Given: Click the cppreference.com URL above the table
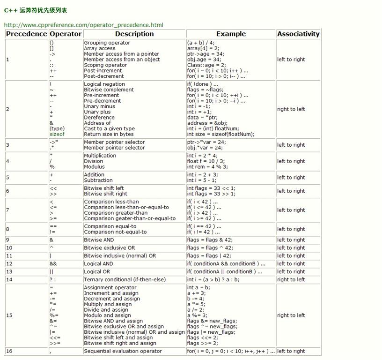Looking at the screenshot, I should [x=84, y=25].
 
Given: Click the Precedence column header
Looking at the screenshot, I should [x=27, y=34].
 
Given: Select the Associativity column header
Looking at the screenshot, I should [x=298, y=34].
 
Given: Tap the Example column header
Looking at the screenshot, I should [x=231, y=34].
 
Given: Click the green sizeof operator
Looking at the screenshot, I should [x=57, y=134].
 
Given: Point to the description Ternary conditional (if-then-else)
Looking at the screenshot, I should [x=125, y=279].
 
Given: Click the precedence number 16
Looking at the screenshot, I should [x=9, y=351].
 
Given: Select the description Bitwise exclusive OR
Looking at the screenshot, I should [x=109, y=247].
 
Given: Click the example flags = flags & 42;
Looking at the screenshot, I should [x=209, y=240].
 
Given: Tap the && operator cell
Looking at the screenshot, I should [x=53, y=263].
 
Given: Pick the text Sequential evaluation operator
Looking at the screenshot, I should [x=123, y=351].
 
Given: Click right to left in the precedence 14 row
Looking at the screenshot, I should [x=291, y=279].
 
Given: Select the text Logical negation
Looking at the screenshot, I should [x=104, y=84].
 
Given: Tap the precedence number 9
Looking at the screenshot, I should [x=8, y=240].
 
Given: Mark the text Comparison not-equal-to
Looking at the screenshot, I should [x=115, y=232].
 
